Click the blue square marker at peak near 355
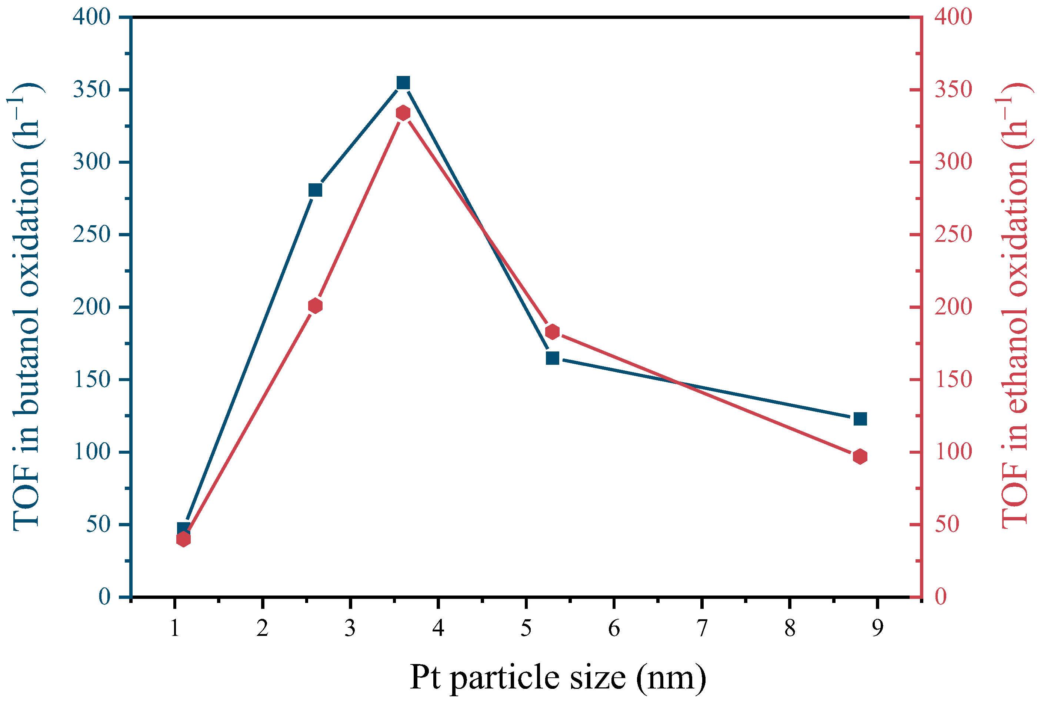[403, 83]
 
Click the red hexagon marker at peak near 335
[403, 113]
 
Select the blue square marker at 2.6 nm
[316, 190]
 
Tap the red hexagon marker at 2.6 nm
[316, 306]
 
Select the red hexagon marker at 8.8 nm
[860, 457]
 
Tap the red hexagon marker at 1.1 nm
[183, 539]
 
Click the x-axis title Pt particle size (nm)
[557, 677]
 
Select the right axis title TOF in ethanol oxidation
[1014, 306]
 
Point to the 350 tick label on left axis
[91, 90]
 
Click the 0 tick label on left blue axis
[104, 597]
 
